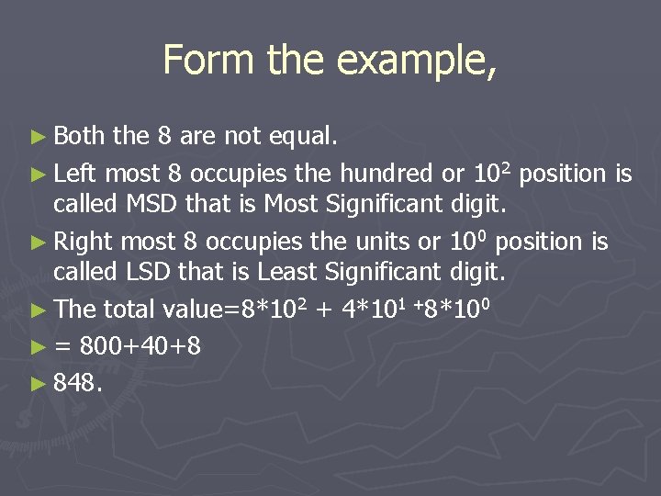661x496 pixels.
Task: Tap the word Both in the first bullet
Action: (x=80, y=137)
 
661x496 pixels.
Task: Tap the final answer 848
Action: (x=77, y=381)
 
